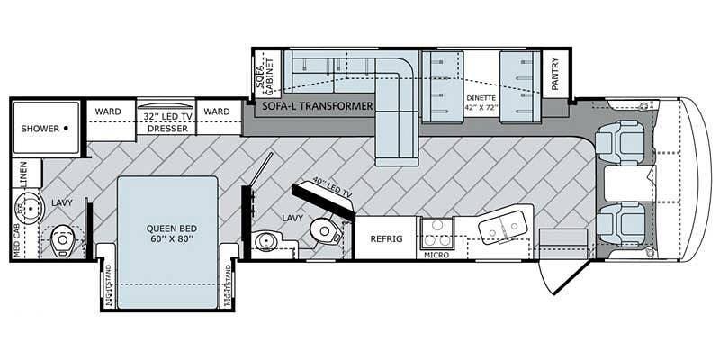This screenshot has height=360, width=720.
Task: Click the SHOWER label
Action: click(39, 129)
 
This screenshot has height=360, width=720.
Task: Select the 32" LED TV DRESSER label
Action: click(167, 121)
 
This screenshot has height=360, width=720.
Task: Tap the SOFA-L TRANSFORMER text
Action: click(317, 106)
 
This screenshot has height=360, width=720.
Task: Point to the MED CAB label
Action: click(16, 238)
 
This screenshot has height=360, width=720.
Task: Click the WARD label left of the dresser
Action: click(109, 112)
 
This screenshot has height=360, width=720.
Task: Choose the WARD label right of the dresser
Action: click(216, 112)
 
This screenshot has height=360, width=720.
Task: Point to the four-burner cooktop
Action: click(435, 232)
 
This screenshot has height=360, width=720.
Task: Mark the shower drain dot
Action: click(66, 129)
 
